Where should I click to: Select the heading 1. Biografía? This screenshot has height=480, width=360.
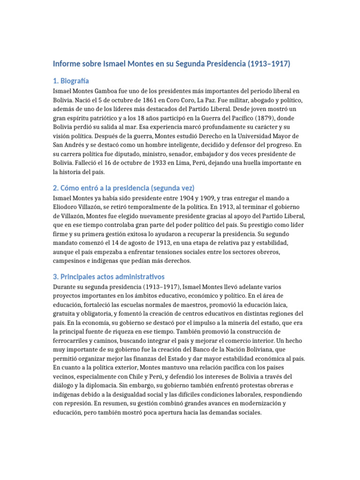[71, 81]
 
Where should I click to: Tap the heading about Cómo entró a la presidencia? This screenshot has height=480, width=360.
[123, 187]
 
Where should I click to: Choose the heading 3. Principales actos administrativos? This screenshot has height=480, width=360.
[108, 277]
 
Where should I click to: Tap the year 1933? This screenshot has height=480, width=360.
[157, 163]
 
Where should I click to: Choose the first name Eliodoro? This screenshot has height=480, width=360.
[67, 207]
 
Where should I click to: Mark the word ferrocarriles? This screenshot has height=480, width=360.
[71, 340]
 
